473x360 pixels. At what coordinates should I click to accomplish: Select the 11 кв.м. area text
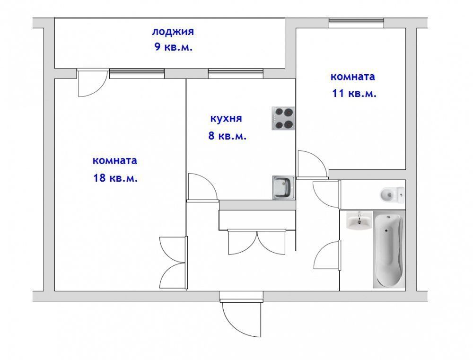coord(354,93)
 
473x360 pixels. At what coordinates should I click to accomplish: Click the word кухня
coord(226,119)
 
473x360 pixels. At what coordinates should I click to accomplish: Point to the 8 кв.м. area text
coord(228,136)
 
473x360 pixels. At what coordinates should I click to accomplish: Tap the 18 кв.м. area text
coord(115,178)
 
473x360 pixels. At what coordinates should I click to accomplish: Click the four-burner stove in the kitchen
coord(283,118)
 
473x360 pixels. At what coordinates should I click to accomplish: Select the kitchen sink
coord(283,187)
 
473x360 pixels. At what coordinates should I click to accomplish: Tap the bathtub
coord(388,250)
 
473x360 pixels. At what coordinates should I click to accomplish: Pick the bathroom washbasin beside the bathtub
coord(359,220)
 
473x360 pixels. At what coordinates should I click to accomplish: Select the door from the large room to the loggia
coord(92,83)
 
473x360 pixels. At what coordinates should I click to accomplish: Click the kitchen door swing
coord(202,187)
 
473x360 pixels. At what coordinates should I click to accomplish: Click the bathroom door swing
coord(328,255)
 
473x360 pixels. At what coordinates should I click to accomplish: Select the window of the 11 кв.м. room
coord(356,23)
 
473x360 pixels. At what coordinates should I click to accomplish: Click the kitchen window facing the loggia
coord(236,74)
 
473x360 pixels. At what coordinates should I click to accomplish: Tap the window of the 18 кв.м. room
coord(137,74)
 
